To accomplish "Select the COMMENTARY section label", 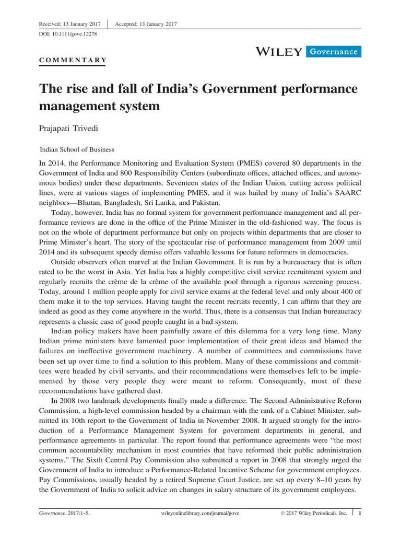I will pyautogui.click(x=73, y=60).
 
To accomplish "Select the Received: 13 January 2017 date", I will pyautogui.click(x=70, y=24).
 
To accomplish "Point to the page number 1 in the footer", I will pyautogui.click(x=359, y=514).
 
